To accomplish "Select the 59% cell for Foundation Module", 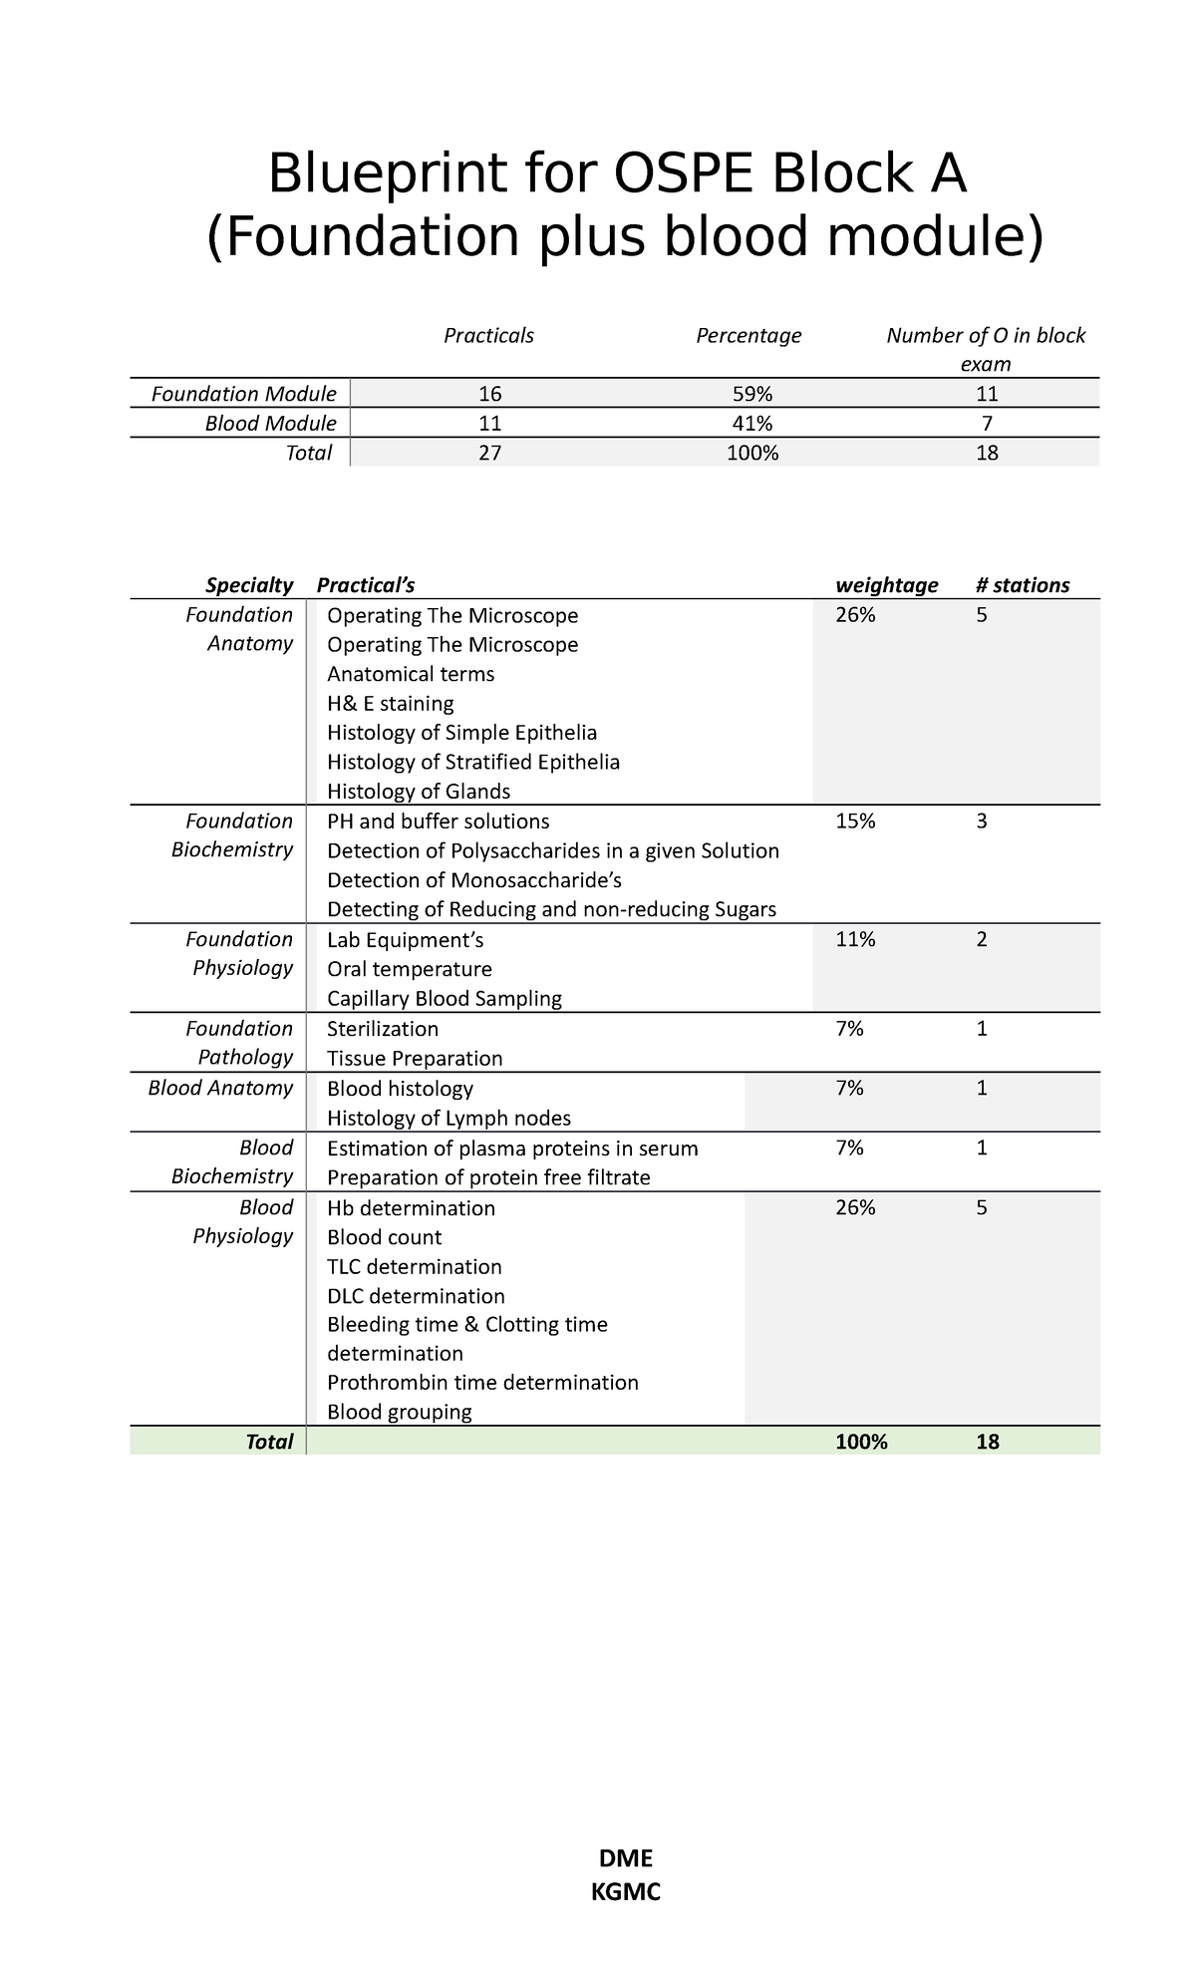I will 748,394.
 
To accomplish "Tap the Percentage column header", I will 748,336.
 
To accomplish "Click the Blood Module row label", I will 270,424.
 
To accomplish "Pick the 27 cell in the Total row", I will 489,454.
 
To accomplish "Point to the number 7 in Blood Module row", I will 987,424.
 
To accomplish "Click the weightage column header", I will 886,585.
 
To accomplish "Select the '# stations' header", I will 1023,585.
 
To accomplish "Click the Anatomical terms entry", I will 411,674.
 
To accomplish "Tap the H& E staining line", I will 390,704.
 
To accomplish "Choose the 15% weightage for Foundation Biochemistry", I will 855,821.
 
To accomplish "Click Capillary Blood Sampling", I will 444,999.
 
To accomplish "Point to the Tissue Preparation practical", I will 415,1059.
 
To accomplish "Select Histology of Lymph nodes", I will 448,1119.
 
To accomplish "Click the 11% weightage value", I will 855,939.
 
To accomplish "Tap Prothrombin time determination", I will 482,1383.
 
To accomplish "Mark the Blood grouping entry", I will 399,1412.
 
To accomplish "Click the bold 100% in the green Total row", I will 861,1442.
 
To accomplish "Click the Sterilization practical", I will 383,1029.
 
